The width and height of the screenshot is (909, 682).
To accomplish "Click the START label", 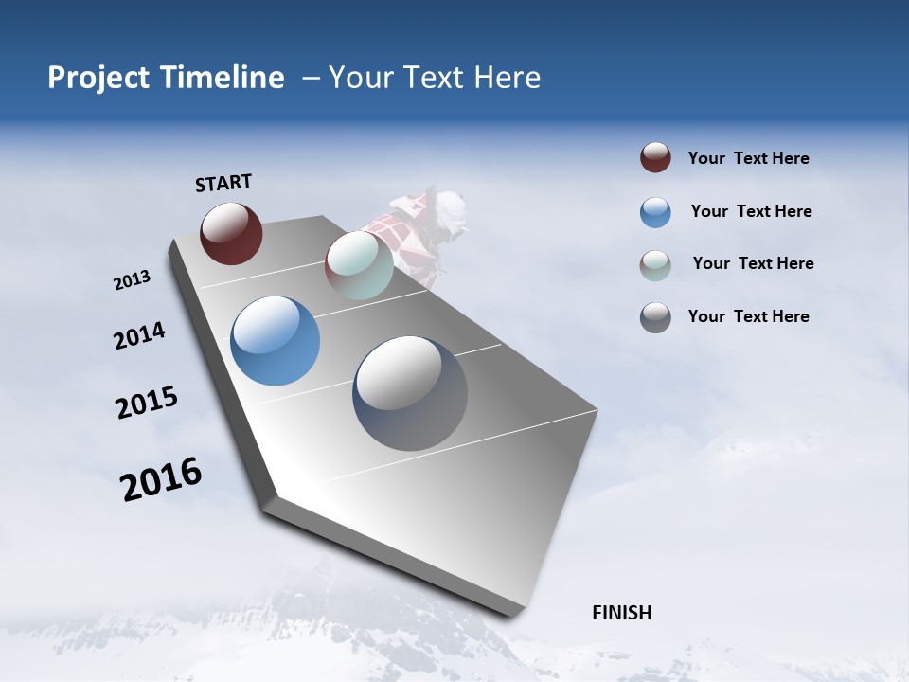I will click(x=223, y=183).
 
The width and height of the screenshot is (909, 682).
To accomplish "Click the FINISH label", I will click(x=621, y=613).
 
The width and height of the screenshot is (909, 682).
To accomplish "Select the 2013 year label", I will click(x=132, y=279).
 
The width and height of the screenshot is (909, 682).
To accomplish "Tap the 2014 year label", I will click(x=139, y=336).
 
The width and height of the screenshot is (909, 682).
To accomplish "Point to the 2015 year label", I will click(x=147, y=403).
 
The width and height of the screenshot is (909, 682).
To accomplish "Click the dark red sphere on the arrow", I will click(x=231, y=233).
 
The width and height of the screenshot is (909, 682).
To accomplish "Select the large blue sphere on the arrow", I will click(x=275, y=341).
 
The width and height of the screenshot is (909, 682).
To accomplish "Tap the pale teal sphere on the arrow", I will click(x=359, y=265).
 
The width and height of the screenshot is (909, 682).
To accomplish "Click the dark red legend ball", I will click(x=655, y=158).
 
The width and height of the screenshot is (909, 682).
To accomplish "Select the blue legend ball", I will click(x=655, y=212).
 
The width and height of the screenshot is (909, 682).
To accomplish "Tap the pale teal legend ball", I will click(x=655, y=265).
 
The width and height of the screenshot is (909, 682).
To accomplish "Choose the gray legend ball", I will click(x=655, y=317).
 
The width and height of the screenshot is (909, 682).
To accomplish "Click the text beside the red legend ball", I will click(x=748, y=158).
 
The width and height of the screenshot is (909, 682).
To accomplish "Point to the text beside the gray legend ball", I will click(x=748, y=316).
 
